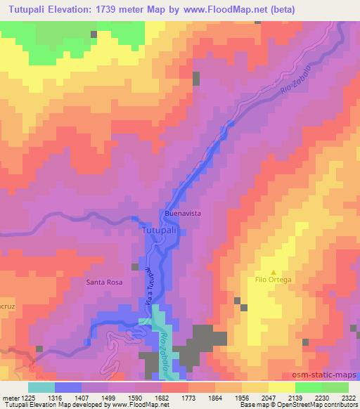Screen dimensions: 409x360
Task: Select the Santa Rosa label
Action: [x=105, y=283]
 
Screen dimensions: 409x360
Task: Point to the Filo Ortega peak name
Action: [x=274, y=279]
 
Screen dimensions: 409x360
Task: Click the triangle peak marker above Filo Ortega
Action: [x=274, y=271]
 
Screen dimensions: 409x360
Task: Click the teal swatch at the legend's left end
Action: [x=40, y=387]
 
